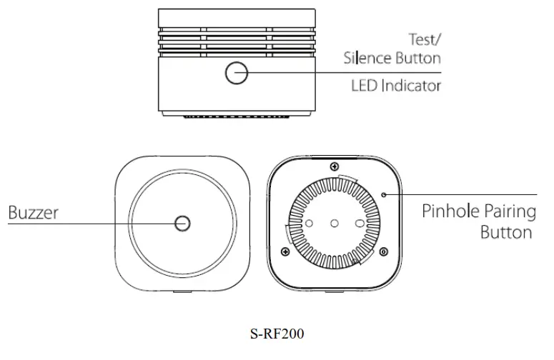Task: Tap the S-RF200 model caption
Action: coord(277,333)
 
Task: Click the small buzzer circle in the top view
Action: coord(183,224)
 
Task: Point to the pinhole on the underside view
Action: coord(384,194)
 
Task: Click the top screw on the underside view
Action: coord(335,167)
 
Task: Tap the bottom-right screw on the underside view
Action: coord(384,251)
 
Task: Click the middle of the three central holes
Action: coord(335,224)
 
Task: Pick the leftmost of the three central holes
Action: coord(309,224)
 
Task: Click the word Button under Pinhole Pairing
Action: coord(506,233)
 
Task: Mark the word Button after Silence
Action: coord(415,57)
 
